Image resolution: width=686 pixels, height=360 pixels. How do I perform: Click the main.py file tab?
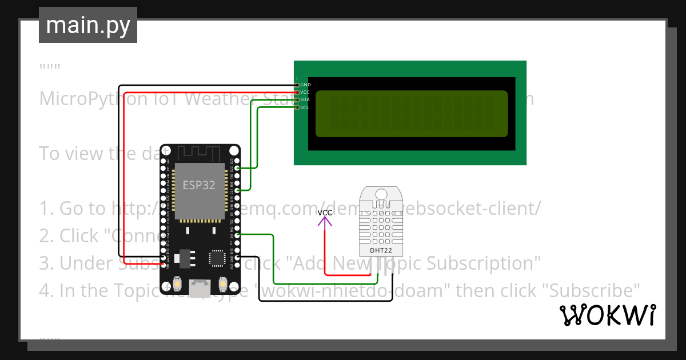tap(87, 25)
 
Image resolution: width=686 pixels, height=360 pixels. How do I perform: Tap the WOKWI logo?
tap(607, 315)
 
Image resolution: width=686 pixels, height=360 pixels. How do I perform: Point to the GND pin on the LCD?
tap(297, 85)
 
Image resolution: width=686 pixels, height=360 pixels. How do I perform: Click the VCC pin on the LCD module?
tap(297, 92)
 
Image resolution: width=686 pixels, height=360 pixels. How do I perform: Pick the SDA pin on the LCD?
tap(297, 99)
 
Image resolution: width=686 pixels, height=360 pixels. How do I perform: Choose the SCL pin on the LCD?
tap(297, 107)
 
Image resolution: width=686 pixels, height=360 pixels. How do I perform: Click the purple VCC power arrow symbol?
tap(325, 223)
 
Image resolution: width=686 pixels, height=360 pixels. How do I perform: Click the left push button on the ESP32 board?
tap(178, 284)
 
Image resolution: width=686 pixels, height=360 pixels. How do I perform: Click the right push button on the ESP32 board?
tap(222, 284)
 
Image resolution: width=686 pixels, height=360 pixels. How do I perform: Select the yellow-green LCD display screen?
tap(410, 114)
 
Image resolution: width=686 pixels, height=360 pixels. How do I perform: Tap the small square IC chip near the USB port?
tap(217, 258)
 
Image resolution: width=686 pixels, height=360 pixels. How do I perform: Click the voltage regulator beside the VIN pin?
tap(184, 258)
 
